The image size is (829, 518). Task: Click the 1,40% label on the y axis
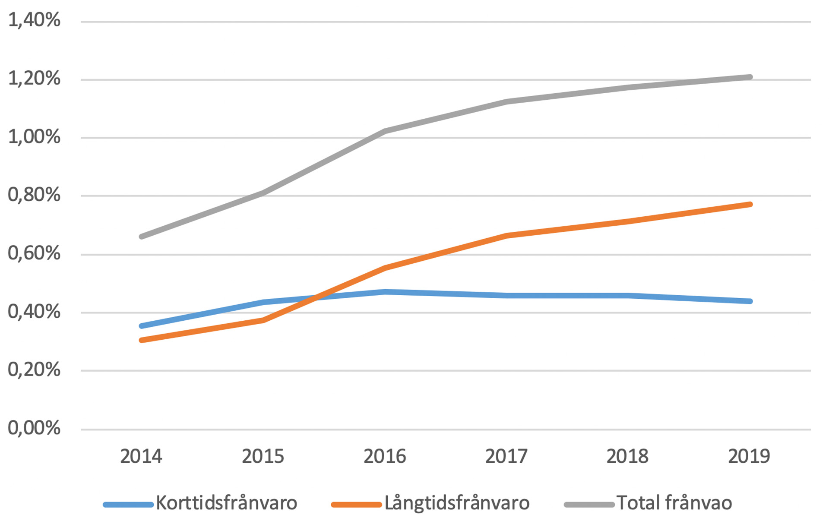[34, 20]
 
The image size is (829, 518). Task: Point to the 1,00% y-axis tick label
[34, 137]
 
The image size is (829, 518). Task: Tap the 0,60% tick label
[34, 253]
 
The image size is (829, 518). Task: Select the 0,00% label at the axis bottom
[34, 428]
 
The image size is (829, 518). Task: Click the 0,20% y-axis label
[34, 370]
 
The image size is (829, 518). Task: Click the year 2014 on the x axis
[141, 456]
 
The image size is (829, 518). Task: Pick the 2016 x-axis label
[384, 456]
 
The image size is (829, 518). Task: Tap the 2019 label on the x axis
[749, 456]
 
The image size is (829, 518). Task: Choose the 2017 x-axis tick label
[506, 456]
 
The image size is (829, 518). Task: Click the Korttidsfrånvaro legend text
[226, 503]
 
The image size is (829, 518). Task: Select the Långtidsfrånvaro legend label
[457, 503]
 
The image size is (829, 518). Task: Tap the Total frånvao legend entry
[674, 503]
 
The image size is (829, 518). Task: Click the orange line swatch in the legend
[356, 504]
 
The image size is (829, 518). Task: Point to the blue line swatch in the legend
[128, 504]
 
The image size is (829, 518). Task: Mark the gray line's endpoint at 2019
[750, 77]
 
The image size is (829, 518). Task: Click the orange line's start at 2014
[141, 340]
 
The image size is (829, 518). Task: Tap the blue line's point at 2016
[384, 292]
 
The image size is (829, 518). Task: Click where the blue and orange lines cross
[316, 297]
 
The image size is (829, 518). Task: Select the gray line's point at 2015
[263, 193]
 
